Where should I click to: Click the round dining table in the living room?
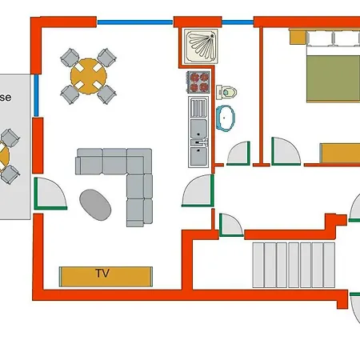click(x=88, y=77)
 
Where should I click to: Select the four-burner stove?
click(x=198, y=82)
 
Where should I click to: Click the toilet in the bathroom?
click(x=230, y=90)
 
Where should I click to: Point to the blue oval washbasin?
click(x=227, y=117)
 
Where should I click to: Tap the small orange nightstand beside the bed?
click(x=296, y=37)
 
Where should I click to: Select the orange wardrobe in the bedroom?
click(x=340, y=153)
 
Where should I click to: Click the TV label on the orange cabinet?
click(x=102, y=274)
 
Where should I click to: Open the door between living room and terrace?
click(x=50, y=194)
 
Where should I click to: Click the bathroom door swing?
click(x=237, y=153)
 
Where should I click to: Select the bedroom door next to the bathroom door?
click(x=284, y=151)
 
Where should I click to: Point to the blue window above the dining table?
click(x=134, y=22)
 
